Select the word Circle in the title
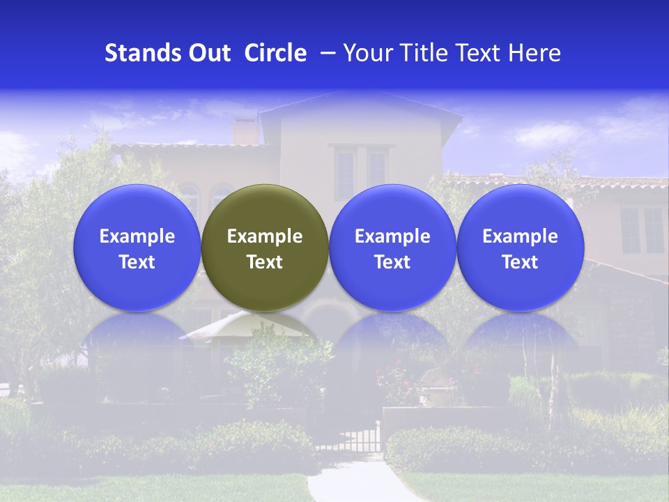[275, 53]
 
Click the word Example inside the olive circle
[265, 236]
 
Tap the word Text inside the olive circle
[265, 262]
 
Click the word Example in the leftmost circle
[137, 236]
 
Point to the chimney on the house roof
[244, 131]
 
